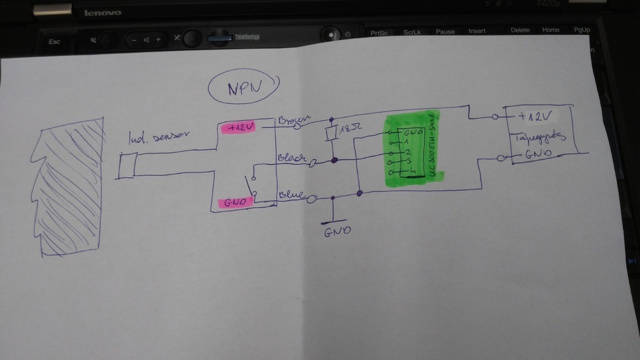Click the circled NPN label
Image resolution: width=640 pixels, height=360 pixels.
click(244, 89)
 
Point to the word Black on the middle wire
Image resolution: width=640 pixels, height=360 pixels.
click(292, 158)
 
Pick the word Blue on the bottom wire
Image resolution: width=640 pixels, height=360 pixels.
click(290, 193)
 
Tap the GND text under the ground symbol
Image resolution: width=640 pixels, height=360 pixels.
click(337, 230)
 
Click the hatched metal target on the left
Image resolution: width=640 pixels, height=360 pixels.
click(70, 187)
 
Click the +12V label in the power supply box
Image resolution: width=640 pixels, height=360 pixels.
click(535, 116)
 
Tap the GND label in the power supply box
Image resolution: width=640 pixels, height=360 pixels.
click(537, 155)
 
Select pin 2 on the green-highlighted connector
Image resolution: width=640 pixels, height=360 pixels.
click(407, 151)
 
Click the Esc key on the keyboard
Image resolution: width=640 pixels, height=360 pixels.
click(54, 42)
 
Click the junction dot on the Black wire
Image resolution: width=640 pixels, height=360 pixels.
click(334, 160)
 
